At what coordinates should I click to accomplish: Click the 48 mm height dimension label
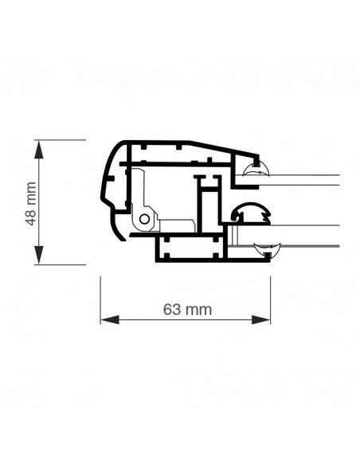pyautogui.click(x=31, y=204)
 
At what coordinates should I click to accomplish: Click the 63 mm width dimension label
pyautogui.click(x=187, y=310)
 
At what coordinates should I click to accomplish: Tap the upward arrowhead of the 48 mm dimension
pyautogui.click(x=38, y=149)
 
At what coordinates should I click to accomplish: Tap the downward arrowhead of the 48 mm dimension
pyautogui.click(x=38, y=255)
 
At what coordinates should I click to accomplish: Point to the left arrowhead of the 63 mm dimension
pyautogui.click(x=110, y=320)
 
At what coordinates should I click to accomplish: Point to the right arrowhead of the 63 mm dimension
pyautogui.click(x=261, y=320)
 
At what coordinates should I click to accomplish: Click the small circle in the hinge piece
pyautogui.click(x=144, y=219)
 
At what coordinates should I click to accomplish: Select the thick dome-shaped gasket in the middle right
pyautogui.click(x=252, y=213)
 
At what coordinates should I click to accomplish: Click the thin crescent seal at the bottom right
pyautogui.click(x=267, y=249)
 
